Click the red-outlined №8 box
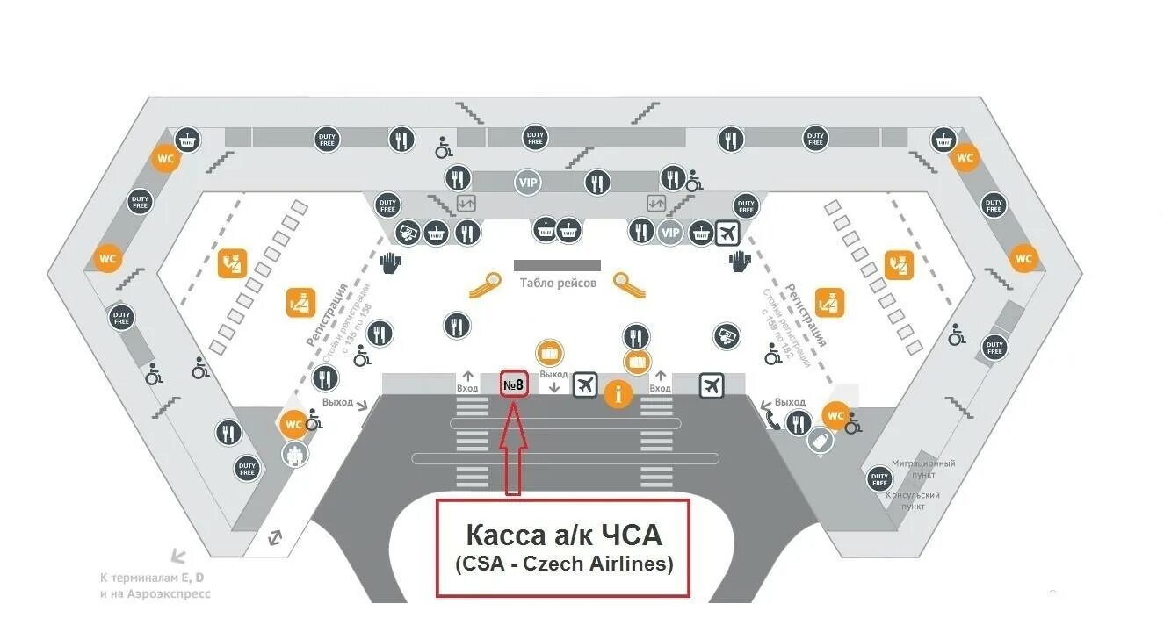point(514,384)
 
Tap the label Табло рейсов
point(558,283)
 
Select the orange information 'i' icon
point(618,394)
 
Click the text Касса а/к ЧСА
point(562,535)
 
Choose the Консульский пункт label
point(913,500)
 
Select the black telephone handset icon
point(770,420)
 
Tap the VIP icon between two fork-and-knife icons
point(528,183)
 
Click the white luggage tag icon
point(820,442)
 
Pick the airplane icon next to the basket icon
point(727,233)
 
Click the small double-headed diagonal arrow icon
point(275,535)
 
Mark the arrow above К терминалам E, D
point(178,556)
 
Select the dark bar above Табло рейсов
point(557,265)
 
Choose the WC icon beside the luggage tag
point(835,414)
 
